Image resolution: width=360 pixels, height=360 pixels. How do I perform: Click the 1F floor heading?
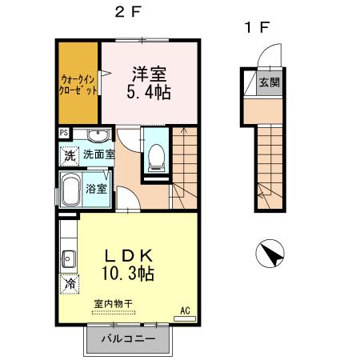(256, 27)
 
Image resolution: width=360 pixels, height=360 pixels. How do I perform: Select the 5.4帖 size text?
(149, 92)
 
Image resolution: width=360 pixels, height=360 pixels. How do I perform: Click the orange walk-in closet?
(78, 84)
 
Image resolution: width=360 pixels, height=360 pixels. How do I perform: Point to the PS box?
(62, 134)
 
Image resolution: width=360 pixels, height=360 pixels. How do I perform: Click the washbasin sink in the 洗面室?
(97, 134)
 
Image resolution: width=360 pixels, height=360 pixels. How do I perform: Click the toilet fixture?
(156, 157)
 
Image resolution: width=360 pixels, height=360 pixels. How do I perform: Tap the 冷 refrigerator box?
(70, 283)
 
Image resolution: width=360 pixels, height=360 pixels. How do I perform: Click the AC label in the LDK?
(185, 310)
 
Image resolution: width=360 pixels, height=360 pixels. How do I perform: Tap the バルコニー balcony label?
(127, 339)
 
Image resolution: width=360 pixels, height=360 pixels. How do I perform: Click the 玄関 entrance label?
(269, 83)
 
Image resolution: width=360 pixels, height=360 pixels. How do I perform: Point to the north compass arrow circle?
(270, 257)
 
